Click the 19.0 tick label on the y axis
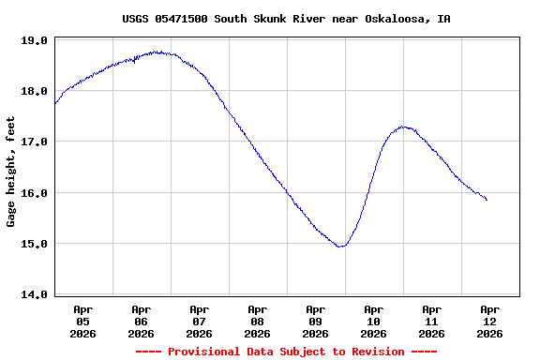35,40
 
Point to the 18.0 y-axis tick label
35,91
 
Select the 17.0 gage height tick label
35,142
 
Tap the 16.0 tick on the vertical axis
35,193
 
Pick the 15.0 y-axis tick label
35,244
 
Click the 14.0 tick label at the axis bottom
35,294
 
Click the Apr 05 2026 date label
82,321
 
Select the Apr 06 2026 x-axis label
141,321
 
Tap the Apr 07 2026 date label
199,321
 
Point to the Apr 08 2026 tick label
257,321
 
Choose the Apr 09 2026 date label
315,321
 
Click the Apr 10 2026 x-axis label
373,321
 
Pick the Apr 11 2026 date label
431,321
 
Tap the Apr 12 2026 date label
489,321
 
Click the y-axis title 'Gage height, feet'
11,172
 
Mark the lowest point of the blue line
341,247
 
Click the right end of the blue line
487,200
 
